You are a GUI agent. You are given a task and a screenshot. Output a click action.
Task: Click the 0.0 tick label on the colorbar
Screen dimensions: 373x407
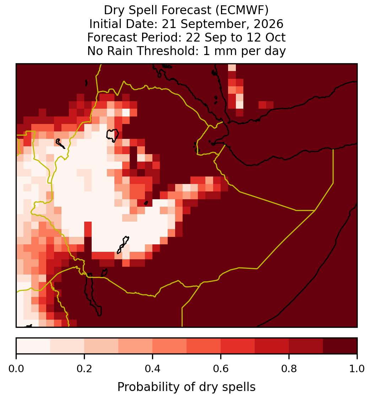pos(16,369)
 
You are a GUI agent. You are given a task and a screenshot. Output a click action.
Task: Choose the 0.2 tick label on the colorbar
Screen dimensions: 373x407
pos(84,369)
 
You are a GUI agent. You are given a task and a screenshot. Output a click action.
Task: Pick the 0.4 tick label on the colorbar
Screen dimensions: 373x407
pos(153,369)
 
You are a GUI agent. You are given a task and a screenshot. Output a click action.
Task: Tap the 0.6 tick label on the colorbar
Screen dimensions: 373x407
pos(221,369)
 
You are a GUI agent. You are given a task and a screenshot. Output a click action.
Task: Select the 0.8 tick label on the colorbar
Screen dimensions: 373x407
pos(289,369)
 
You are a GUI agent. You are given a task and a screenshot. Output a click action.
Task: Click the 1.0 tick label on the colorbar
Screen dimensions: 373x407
pos(357,369)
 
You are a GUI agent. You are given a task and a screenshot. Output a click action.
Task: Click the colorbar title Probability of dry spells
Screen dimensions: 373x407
pos(186,387)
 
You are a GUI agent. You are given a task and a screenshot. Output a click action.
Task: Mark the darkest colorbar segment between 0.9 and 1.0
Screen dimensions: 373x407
pos(340,346)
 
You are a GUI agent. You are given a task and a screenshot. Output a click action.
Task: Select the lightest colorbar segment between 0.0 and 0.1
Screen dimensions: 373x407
pos(33,346)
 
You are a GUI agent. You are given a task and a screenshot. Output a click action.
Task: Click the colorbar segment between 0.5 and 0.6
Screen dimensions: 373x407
pos(204,346)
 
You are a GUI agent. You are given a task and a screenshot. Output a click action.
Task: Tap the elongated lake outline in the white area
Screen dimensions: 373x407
pos(123,245)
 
